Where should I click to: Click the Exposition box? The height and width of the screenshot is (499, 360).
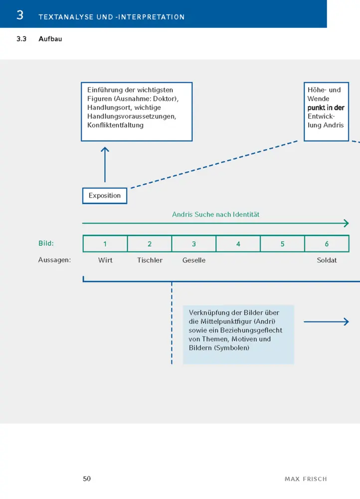point(105,196)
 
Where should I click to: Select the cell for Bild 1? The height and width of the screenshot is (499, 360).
point(105,244)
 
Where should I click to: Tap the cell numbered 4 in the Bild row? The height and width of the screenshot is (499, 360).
point(238,244)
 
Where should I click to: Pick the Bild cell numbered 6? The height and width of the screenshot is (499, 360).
point(327,244)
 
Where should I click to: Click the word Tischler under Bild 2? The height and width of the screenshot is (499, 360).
point(150,260)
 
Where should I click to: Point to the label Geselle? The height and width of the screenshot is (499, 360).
point(194,260)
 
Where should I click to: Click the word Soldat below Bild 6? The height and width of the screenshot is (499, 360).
point(327,260)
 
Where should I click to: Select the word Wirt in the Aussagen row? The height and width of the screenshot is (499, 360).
point(105,260)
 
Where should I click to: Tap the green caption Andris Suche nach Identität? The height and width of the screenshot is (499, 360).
point(215,215)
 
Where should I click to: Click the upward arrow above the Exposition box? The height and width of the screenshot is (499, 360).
point(105,165)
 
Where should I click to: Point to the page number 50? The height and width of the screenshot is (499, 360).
point(87,479)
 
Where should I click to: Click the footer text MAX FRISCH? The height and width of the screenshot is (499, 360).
point(306,479)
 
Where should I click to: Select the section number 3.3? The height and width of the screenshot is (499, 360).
point(21,39)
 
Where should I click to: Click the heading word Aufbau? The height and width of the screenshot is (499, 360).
point(50,39)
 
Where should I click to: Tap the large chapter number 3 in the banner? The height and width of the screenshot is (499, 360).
point(20,15)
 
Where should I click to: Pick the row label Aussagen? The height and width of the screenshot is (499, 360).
point(54,260)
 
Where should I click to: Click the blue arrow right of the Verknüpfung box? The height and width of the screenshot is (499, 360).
point(326,322)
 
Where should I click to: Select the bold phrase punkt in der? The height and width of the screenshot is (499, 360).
point(326,108)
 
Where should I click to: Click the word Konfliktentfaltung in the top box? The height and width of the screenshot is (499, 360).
point(116,125)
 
